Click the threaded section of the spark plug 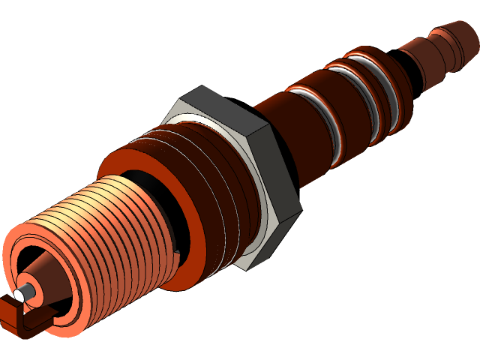coord(112,225)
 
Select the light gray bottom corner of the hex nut coord(251,259)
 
